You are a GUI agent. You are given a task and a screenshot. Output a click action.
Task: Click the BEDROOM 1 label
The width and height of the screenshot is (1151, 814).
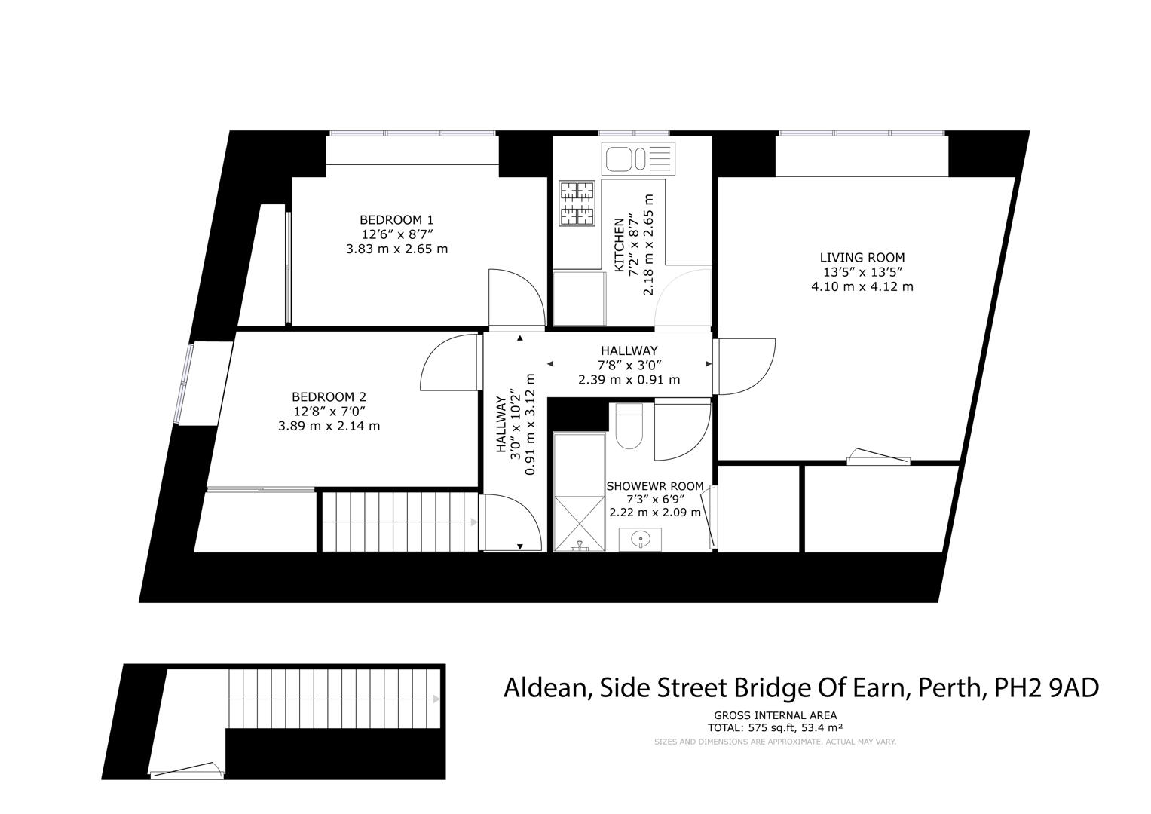coord(396,220)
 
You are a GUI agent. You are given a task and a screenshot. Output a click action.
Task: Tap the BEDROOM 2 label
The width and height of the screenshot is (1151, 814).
coord(329,396)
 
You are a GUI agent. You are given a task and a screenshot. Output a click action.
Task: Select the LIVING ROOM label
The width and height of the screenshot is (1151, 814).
coord(862,258)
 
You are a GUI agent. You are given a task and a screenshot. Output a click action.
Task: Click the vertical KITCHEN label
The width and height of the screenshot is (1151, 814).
coord(619,245)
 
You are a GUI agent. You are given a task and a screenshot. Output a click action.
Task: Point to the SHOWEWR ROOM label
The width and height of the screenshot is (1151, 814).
coord(654,486)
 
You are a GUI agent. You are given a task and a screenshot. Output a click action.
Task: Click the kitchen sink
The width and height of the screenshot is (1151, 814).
coord(638,158)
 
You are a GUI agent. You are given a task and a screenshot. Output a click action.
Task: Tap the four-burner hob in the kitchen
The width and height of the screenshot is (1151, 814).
coord(577,203)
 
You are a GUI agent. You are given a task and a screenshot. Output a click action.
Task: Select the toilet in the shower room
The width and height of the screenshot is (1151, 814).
coord(629,426)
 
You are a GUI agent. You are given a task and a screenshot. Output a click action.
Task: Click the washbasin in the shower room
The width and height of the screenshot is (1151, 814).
coord(640,539)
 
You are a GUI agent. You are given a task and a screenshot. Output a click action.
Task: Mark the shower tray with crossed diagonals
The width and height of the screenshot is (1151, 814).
coord(580,523)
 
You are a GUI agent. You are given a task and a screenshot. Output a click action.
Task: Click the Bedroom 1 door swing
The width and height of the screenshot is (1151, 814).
coord(516,298)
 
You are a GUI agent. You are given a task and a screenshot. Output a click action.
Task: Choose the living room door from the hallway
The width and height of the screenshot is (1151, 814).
coord(747,366)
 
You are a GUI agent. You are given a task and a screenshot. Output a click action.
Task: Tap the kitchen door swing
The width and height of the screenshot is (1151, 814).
coord(683,297)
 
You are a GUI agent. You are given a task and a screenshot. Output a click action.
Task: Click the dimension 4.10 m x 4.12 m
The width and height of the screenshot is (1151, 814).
coord(862,286)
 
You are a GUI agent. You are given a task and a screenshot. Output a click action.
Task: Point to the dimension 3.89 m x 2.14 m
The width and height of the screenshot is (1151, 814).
coord(329,426)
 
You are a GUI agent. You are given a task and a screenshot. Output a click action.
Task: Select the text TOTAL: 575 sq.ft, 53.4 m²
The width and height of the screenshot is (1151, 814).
coord(775,727)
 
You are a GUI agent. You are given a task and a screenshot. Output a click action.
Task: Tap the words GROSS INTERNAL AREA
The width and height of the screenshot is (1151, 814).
coord(775,715)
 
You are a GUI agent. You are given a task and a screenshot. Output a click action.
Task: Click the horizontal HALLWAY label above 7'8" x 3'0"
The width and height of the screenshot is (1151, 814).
coord(629,350)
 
